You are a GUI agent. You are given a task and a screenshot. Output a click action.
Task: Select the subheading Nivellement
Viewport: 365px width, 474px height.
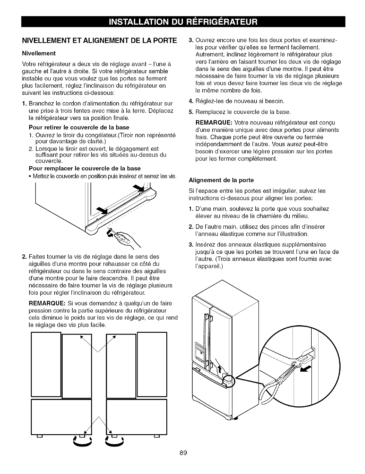pyautogui.click(x=39, y=54)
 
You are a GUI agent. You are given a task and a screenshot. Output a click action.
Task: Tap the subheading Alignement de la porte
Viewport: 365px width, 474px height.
pyautogui.click(x=221, y=180)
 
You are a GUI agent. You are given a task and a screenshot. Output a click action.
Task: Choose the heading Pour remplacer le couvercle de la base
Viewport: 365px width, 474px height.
pyautogui.click(x=85, y=168)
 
